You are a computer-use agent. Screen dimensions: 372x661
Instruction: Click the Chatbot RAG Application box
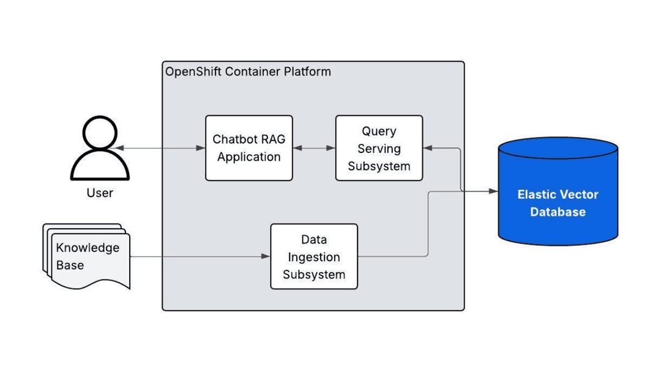pyautogui.click(x=248, y=148)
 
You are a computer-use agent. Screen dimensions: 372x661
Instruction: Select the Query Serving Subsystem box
pyautogui.click(x=379, y=148)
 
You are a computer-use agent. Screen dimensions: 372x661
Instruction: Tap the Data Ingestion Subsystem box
pyautogui.click(x=314, y=256)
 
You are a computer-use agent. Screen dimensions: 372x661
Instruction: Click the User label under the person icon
pyautogui.click(x=100, y=193)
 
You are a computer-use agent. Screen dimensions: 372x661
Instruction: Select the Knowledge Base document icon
pyautogui.click(x=87, y=257)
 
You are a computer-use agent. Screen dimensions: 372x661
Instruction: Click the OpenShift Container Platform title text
pyautogui.click(x=248, y=72)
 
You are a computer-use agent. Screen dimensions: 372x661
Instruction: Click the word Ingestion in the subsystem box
pyautogui.click(x=314, y=257)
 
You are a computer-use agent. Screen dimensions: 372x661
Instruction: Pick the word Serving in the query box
pyautogui.click(x=379, y=149)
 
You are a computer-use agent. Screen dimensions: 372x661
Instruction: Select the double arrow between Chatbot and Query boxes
pyautogui.click(x=314, y=148)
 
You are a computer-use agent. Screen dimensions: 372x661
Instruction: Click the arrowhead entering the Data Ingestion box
pyautogui.click(x=266, y=256)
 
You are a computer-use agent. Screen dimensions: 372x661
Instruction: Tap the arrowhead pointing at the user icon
pyautogui.click(x=117, y=148)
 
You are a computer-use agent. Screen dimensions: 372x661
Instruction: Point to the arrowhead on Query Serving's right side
pyautogui.click(x=427, y=148)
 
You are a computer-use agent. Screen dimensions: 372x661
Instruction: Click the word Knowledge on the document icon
pyautogui.click(x=88, y=248)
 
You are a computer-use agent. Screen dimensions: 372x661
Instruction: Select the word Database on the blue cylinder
pyautogui.click(x=558, y=212)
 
